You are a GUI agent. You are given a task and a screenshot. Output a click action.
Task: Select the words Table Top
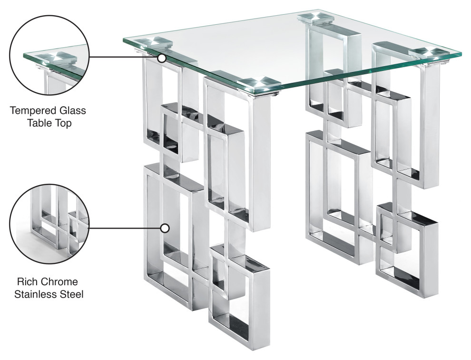pyautogui.click(x=48, y=124)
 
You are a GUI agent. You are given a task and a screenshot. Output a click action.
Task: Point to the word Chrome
pyautogui.click(x=59, y=281)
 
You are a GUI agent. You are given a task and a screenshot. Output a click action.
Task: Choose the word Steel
pyautogui.click(x=71, y=294)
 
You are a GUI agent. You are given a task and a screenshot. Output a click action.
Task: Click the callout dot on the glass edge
pyautogui.click(x=162, y=58)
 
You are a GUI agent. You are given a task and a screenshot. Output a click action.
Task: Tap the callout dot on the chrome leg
pyautogui.click(x=165, y=228)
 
